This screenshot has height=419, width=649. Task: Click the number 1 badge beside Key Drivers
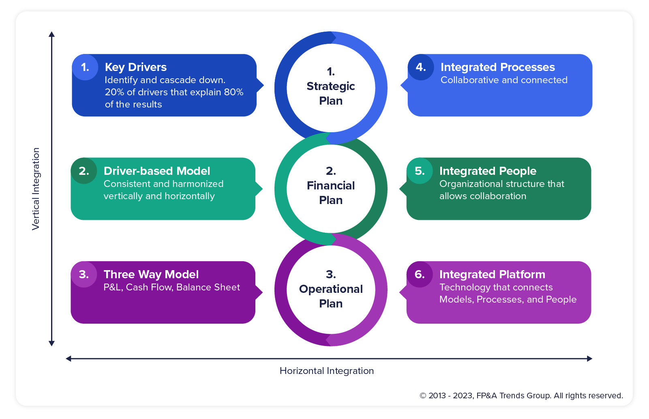click(85, 67)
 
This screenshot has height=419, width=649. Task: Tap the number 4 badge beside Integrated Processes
click(421, 67)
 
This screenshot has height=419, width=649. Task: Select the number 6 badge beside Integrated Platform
click(420, 275)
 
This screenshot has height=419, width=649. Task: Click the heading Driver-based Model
click(157, 171)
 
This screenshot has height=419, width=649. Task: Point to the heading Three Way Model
click(151, 275)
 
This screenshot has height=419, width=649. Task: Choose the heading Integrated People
click(488, 171)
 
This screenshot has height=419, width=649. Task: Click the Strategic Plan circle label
click(331, 87)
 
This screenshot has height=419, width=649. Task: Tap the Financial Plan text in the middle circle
click(331, 186)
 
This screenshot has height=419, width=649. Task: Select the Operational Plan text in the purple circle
click(331, 290)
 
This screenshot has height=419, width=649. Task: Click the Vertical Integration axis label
click(36, 189)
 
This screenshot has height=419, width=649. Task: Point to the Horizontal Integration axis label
click(327, 371)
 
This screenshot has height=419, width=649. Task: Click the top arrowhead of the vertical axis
click(51, 34)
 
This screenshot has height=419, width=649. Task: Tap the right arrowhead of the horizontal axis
click(589, 359)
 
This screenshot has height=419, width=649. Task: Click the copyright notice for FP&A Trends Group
click(521, 395)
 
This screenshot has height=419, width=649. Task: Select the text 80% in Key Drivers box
click(234, 92)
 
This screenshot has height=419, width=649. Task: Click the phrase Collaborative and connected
click(504, 80)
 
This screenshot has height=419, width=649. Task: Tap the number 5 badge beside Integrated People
click(420, 171)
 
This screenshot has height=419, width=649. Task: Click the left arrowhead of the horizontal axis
click(69, 359)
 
